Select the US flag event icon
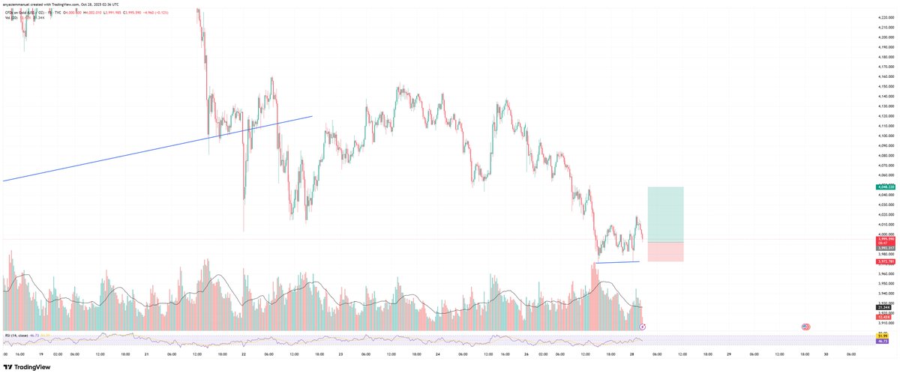805,327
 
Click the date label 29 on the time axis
729,354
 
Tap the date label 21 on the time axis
148,354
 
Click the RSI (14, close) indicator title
19,335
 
